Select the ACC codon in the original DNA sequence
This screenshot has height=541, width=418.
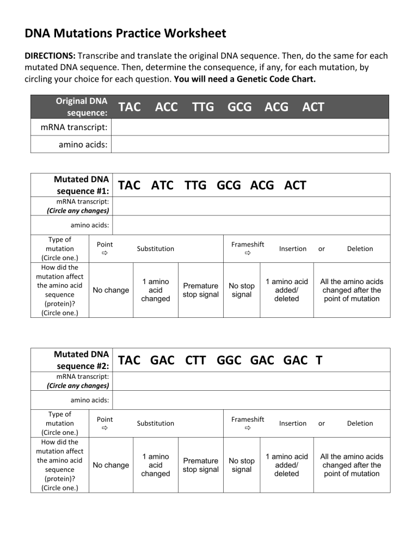coord(166,107)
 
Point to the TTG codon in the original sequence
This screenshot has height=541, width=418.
coord(203,107)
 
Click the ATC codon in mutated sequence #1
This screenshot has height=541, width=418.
coord(162,186)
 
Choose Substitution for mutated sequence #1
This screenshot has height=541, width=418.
coord(156,249)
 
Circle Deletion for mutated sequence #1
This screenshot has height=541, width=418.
coord(360,249)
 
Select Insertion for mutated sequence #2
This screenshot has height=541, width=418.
coord(293,423)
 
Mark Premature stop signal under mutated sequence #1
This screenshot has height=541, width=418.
coord(201,290)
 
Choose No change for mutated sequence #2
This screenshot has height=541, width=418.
coord(111,465)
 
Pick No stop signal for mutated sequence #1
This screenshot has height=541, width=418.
coord(242,290)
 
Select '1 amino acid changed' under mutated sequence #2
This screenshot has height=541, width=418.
coord(156,465)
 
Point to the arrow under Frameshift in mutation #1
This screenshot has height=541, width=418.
coord(247,254)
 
